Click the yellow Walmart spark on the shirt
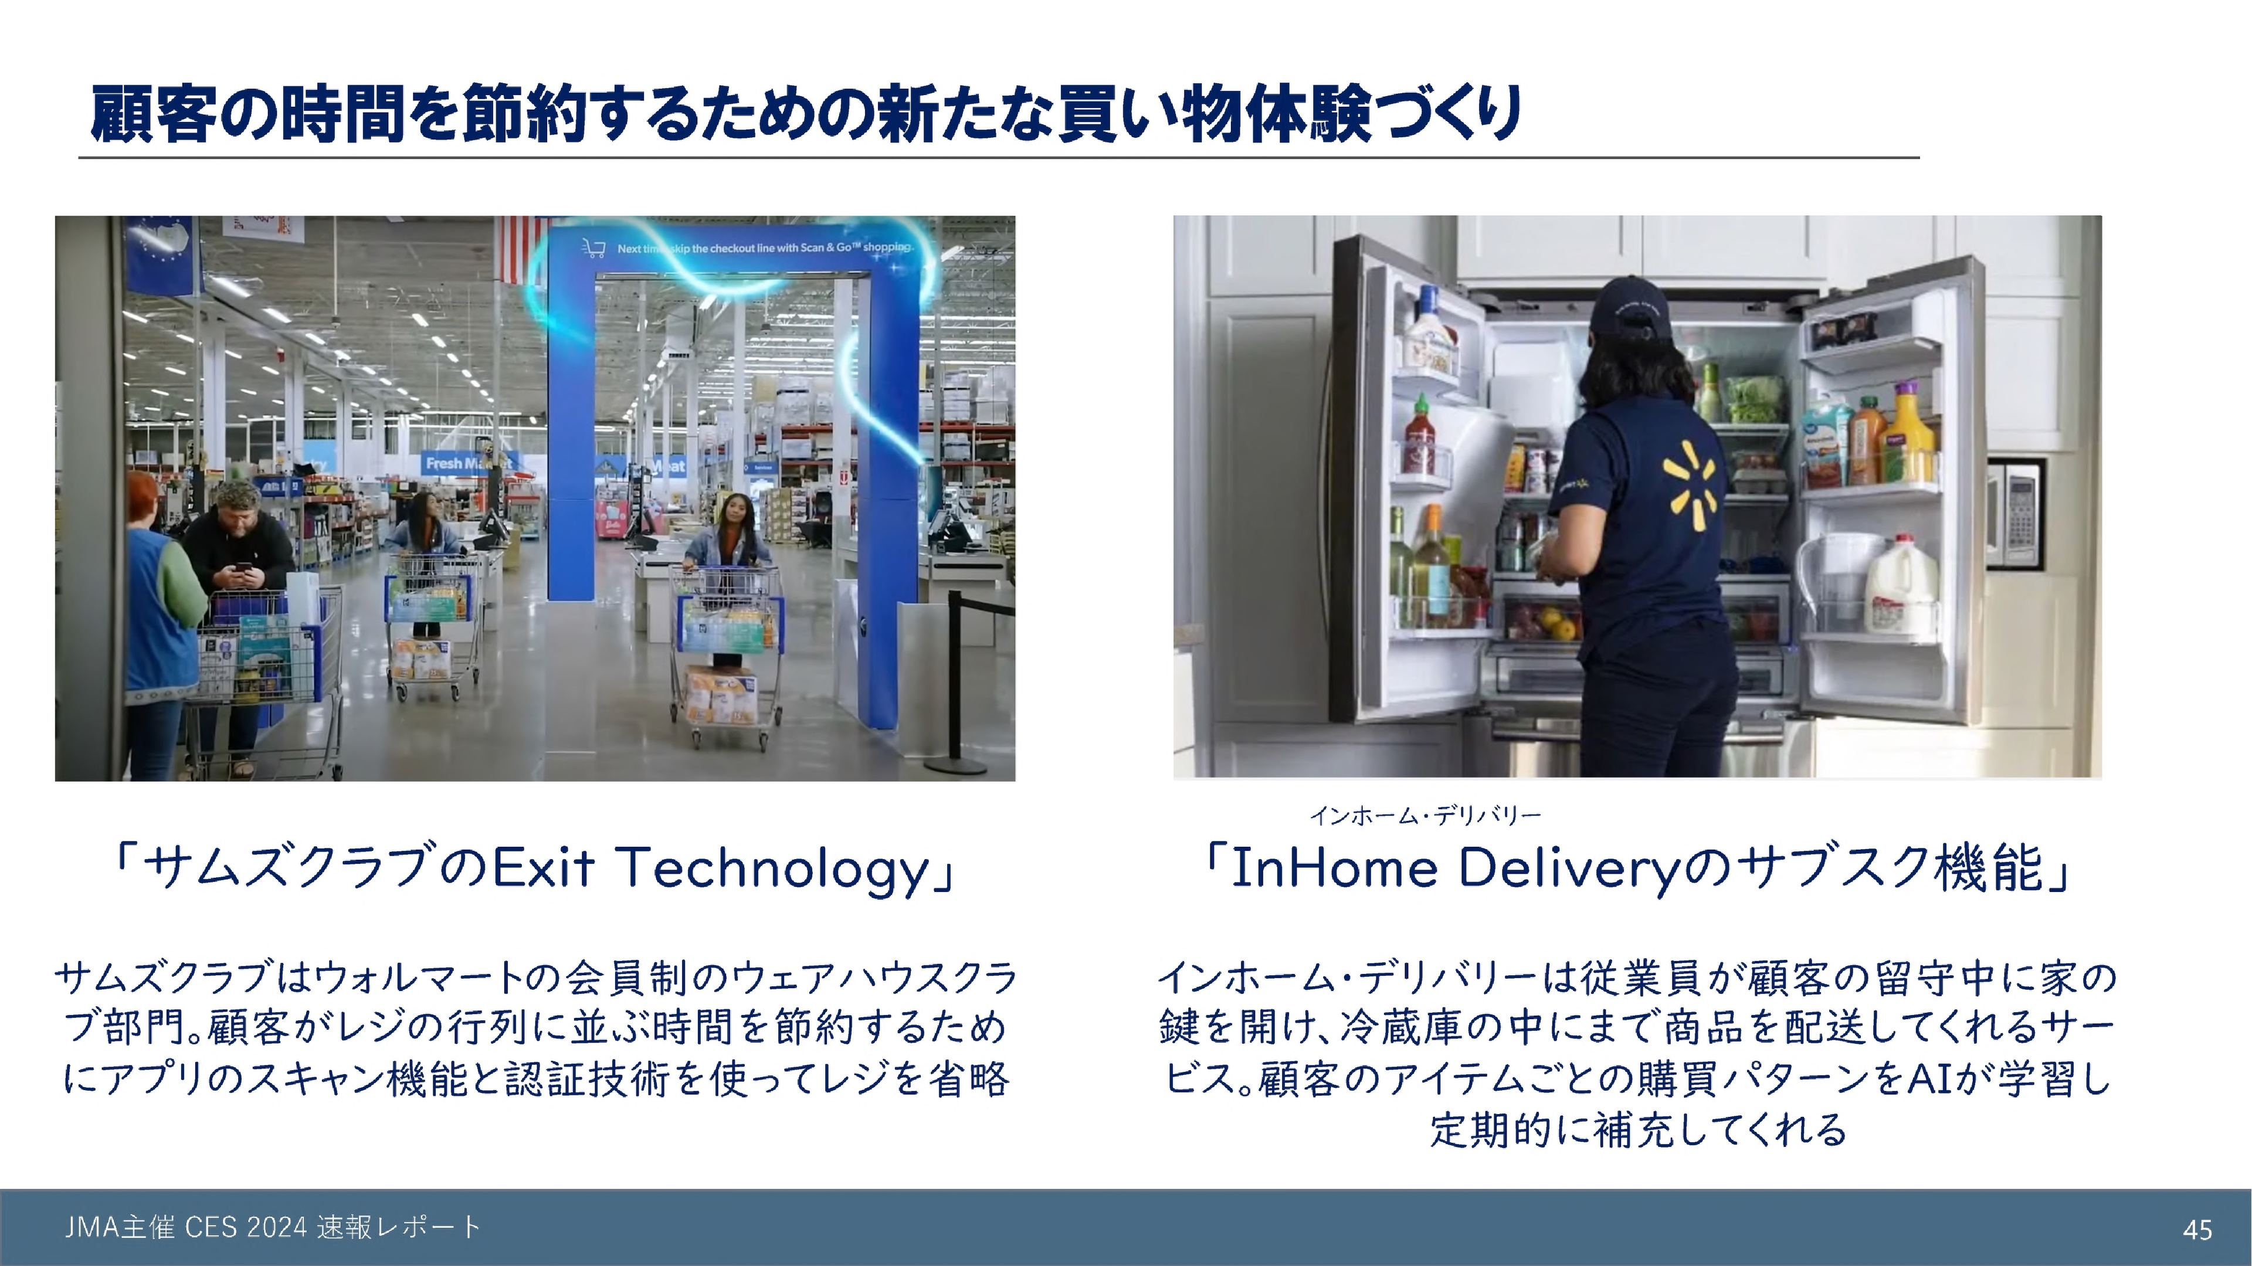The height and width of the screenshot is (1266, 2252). (x=1688, y=486)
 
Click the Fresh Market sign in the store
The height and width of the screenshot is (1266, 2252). (x=468, y=463)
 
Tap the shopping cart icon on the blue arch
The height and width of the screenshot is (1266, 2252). (x=593, y=249)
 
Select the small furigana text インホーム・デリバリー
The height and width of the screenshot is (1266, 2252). (x=1425, y=816)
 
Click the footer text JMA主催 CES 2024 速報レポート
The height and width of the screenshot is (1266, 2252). (x=272, y=1227)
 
